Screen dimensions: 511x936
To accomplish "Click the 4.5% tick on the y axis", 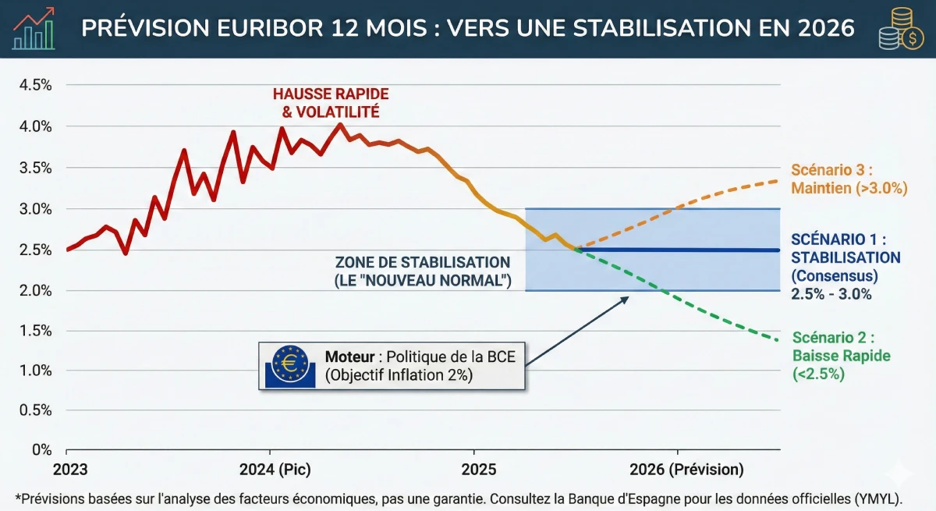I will [x=35, y=85].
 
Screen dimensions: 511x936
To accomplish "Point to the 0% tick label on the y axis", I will [x=41, y=450].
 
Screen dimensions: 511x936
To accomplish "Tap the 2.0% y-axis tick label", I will [x=35, y=290].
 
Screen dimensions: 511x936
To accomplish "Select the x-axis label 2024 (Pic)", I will [x=271, y=470].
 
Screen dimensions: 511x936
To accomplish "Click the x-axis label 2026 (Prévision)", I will [x=677, y=470].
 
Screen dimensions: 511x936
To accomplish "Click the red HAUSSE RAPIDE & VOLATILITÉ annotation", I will [x=330, y=103].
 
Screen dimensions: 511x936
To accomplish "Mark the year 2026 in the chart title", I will [x=827, y=29].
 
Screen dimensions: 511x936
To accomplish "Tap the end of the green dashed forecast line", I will [x=778, y=339].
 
